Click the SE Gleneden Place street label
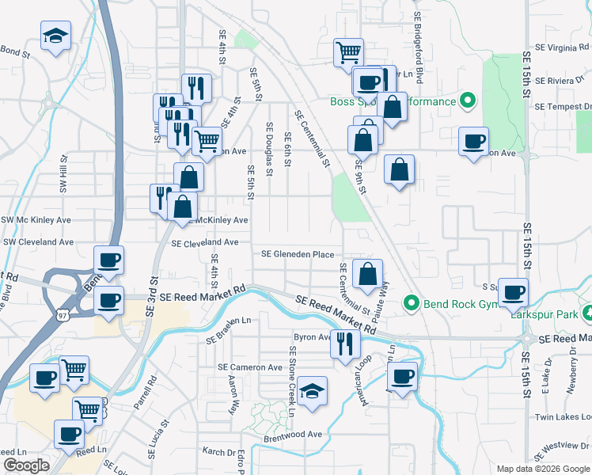click(298, 254)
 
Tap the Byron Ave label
click(312, 336)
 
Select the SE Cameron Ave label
click(250, 367)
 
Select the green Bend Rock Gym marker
click(411, 302)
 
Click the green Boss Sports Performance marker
click(468, 101)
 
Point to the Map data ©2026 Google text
click(543, 469)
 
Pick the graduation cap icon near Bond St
click(55, 36)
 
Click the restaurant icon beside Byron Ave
click(344, 343)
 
